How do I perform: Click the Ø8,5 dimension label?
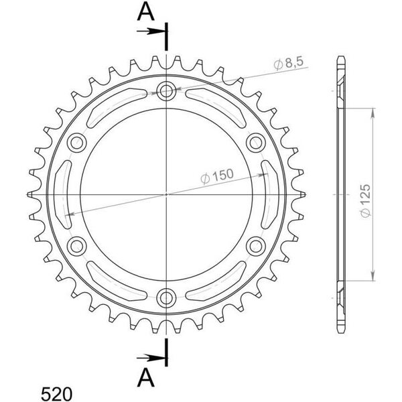tap(288, 64)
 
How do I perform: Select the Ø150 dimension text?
tap(217, 176)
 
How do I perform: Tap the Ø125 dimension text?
tap(366, 201)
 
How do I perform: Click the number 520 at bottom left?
tap(57, 393)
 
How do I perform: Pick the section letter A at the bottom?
tap(146, 377)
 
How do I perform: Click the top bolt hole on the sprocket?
tap(166, 90)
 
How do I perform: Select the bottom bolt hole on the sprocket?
tap(166, 297)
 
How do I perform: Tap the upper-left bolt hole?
tap(76, 143)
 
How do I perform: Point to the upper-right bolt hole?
tap(256, 143)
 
